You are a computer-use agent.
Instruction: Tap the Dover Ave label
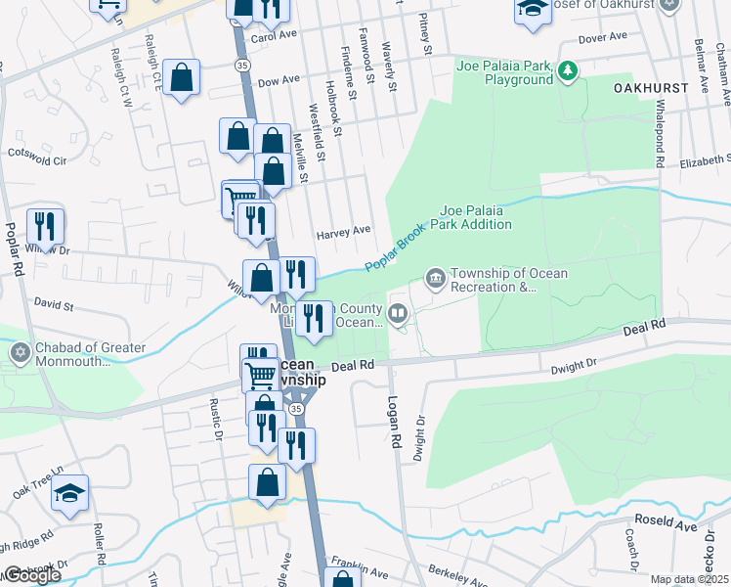click(x=601, y=38)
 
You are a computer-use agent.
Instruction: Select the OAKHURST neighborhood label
click(x=651, y=87)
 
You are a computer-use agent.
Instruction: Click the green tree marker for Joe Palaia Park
click(x=567, y=70)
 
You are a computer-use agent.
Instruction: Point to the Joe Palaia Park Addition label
click(x=476, y=217)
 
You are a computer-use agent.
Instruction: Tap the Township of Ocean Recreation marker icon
click(x=435, y=280)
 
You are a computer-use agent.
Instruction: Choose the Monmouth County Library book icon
click(x=398, y=314)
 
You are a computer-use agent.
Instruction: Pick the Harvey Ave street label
click(x=343, y=232)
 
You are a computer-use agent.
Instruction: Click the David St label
click(x=54, y=306)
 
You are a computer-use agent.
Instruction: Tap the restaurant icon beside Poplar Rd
click(x=45, y=228)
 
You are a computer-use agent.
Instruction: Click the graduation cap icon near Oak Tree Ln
click(x=70, y=494)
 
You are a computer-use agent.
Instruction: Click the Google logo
click(x=31, y=576)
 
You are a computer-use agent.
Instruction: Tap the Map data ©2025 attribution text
click(x=690, y=579)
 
